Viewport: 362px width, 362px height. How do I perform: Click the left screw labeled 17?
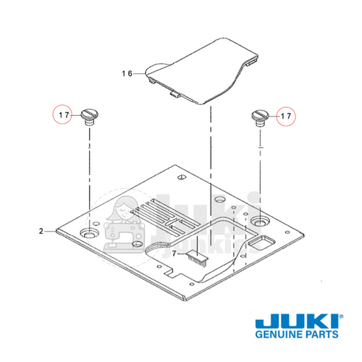[90, 115]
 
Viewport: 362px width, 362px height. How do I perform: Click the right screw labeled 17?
[261, 116]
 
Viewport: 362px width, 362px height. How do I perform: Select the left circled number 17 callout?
[63, 114]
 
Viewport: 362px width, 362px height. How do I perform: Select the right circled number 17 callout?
[287, 115]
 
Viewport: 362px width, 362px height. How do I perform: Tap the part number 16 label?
[127, 73]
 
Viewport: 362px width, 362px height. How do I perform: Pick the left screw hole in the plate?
[89, 234]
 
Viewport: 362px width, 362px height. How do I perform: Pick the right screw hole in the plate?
[259, 219]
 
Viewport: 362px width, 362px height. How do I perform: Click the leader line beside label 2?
[54, 232]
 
